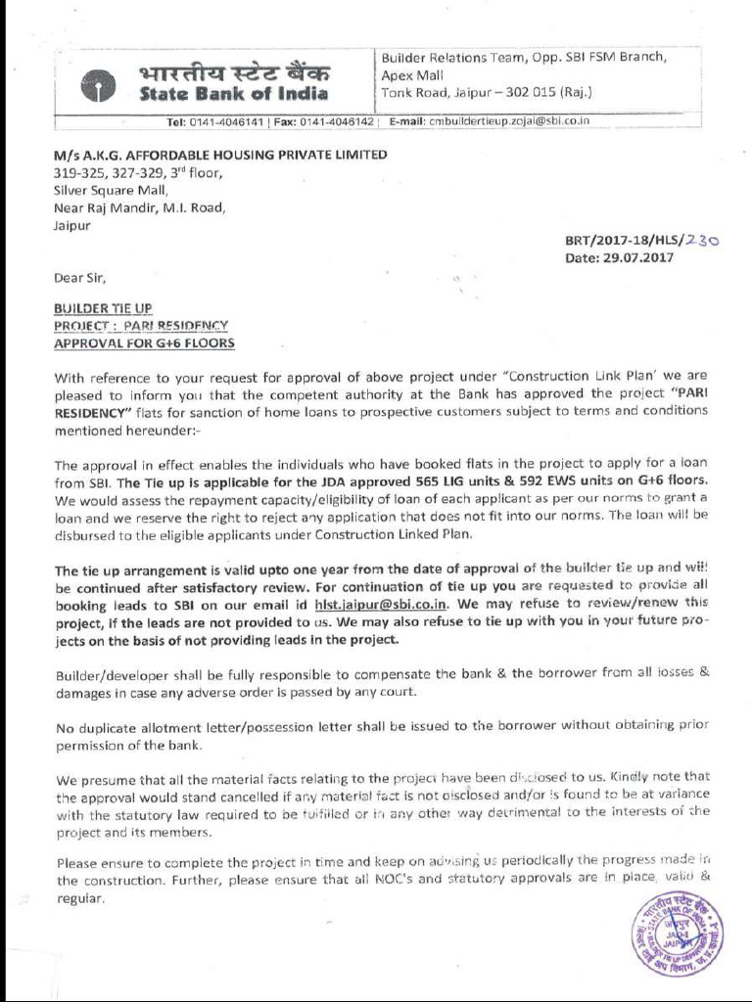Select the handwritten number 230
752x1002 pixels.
[702, 240]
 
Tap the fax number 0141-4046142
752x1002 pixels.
[337, 122]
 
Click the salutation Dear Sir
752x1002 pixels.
[78, 277]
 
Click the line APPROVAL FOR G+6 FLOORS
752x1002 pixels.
[144, 343]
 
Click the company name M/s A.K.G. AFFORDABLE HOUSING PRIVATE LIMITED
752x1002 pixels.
[220, 155]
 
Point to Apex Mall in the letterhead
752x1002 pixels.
[412, 74]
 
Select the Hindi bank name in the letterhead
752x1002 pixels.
[234, 71]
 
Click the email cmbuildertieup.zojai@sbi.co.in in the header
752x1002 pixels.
[508, 121]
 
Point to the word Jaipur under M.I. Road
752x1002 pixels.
[71, 225]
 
